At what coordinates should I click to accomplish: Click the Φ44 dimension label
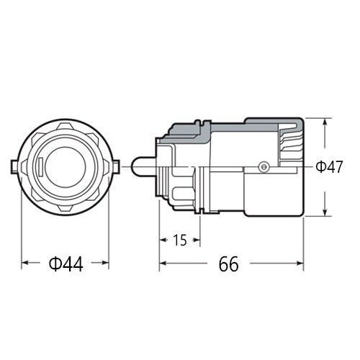pos(66,264)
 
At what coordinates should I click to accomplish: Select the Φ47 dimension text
pos(329,167)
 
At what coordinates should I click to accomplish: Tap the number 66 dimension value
pos(229,264)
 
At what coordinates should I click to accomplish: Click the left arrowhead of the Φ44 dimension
pos(25,264)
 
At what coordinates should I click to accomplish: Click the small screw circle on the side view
pos(264,167)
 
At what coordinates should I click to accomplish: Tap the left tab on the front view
pos(15,166)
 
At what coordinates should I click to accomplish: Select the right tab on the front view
pos(116,166)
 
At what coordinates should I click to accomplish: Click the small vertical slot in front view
pos(42,166)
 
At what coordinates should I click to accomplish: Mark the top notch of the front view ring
pos(66,124)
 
